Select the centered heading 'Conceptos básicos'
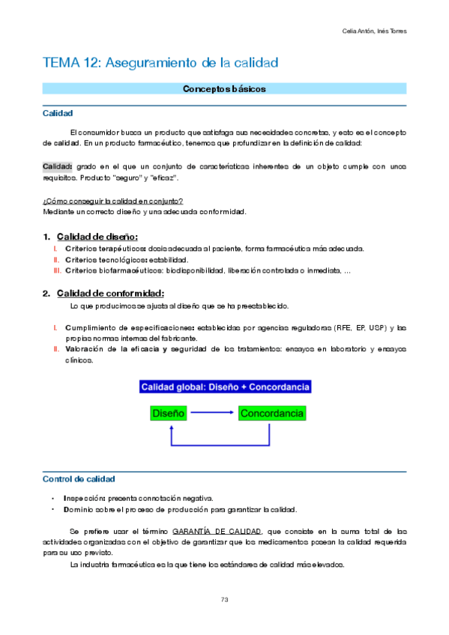[x=224, y=89]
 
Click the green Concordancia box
[x=273, y=413]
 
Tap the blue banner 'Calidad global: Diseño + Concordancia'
[x=225, y=387]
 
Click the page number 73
[x=224, y=599]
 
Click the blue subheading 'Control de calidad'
[x=79, y=478]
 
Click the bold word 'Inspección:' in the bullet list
[x=85, y=498]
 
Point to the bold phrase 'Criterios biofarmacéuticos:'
[x=113, y=270]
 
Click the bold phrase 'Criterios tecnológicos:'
[x=106, y=259]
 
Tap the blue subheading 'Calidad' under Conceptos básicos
[x=58, y=114]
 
